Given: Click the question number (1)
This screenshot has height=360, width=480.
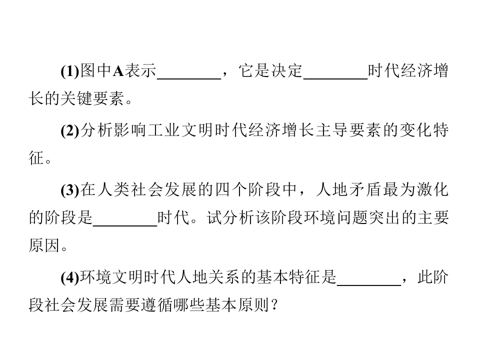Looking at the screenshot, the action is (x=70, y=71).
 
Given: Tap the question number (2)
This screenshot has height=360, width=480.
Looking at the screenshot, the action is (x=70, y=130).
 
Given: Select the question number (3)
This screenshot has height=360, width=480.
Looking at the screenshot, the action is (x=70, y=190).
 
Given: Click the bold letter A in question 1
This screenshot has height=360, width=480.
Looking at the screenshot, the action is (x=118, y=71).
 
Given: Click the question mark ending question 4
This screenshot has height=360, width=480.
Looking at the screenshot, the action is (x=274, y=305).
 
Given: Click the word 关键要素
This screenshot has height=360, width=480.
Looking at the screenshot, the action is (x=92, y=98).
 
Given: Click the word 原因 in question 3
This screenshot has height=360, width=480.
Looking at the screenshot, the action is (x=44, y=245).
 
